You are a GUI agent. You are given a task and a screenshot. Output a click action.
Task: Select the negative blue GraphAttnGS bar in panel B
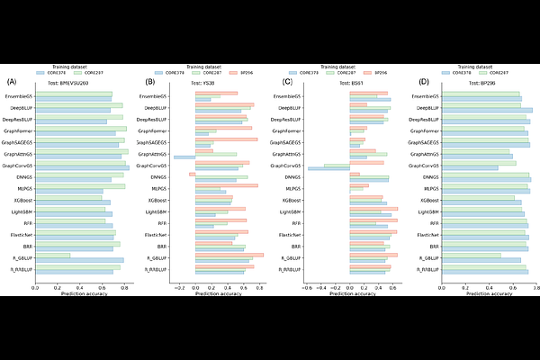(x=184, y=157)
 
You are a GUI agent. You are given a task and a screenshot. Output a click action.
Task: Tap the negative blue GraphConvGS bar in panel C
(x=328, y=168)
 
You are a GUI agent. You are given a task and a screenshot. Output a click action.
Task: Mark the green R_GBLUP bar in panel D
(x=469, y=256)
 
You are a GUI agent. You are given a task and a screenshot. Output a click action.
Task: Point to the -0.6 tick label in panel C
(x=308, y=287)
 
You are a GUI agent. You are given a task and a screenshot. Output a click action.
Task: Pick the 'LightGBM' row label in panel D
(x=424, y=211)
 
